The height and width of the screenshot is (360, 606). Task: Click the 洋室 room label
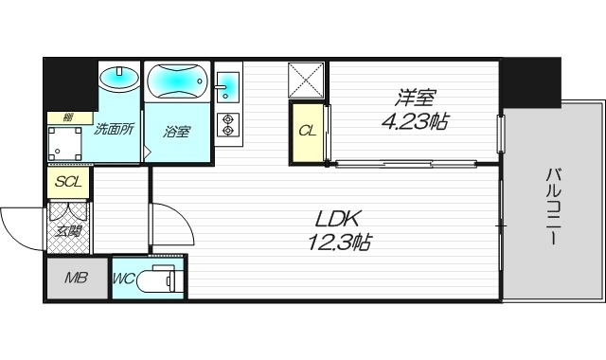416,98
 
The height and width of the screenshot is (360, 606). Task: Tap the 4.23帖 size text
415,120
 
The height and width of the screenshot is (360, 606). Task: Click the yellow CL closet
307,130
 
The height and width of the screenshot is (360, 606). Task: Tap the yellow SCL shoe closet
67,182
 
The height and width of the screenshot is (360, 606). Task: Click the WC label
125,279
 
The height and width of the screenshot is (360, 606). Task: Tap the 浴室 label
176,132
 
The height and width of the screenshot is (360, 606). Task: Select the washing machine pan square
67,141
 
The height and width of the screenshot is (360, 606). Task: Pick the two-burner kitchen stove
227,126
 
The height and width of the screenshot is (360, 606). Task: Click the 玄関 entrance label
67,229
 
